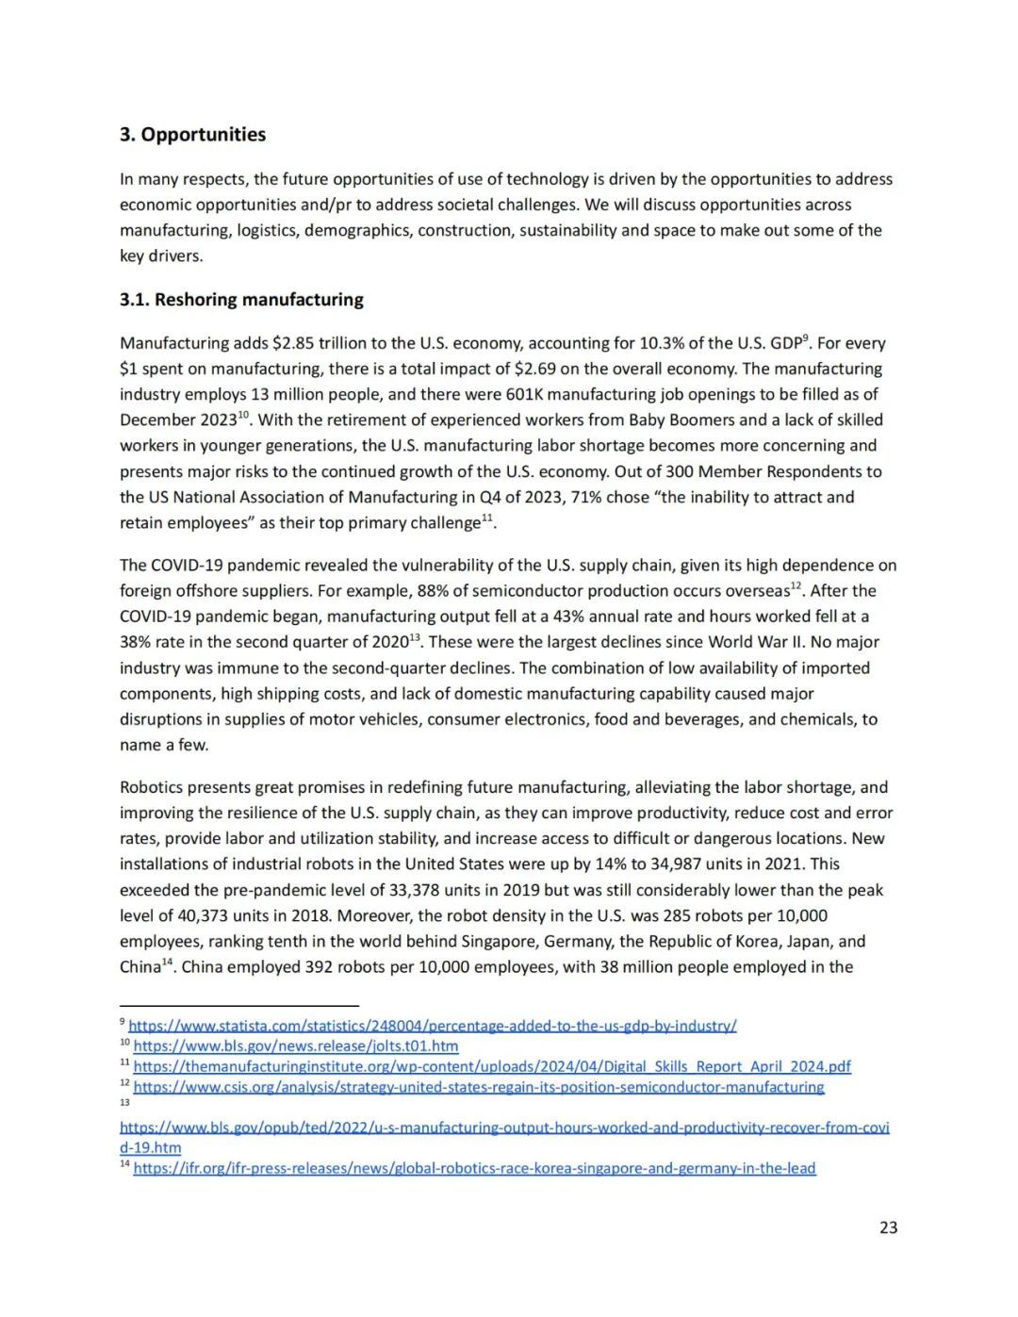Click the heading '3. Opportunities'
coord(192,135)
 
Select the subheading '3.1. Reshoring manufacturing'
coord(241,300)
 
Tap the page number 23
coord(888,1227)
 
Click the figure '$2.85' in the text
coord(292,343)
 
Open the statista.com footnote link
coord(433,1026)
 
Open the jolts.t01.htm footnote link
coord(296,1046)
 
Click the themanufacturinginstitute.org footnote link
coord(492,1066)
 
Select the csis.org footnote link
coord(479,1087)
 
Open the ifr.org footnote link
coord(474,1169)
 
